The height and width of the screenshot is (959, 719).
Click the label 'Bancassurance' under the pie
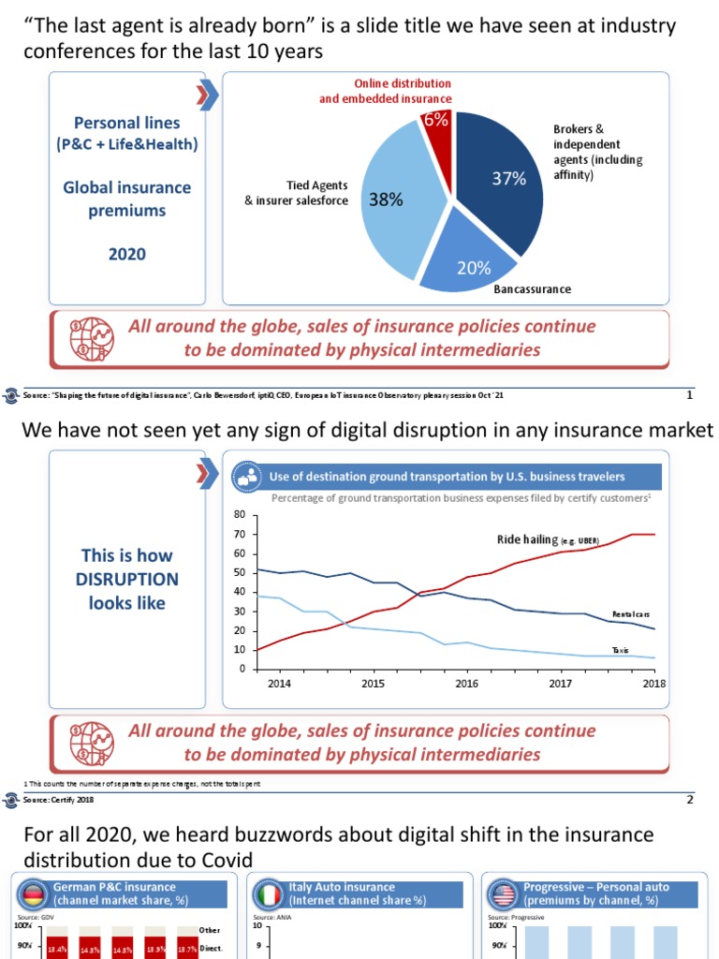[532, 289]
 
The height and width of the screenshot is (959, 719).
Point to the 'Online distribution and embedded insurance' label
[386, 91]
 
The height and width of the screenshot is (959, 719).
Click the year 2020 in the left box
[127, 254]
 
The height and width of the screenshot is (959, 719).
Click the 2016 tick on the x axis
[467, 684]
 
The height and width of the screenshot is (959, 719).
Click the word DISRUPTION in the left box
[127, 580]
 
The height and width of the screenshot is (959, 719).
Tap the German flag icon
[35, 893]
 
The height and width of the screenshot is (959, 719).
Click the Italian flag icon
[271, 893]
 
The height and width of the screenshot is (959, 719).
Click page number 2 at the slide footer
[690, 799]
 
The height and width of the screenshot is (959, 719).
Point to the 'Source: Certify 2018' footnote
[58, 799]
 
